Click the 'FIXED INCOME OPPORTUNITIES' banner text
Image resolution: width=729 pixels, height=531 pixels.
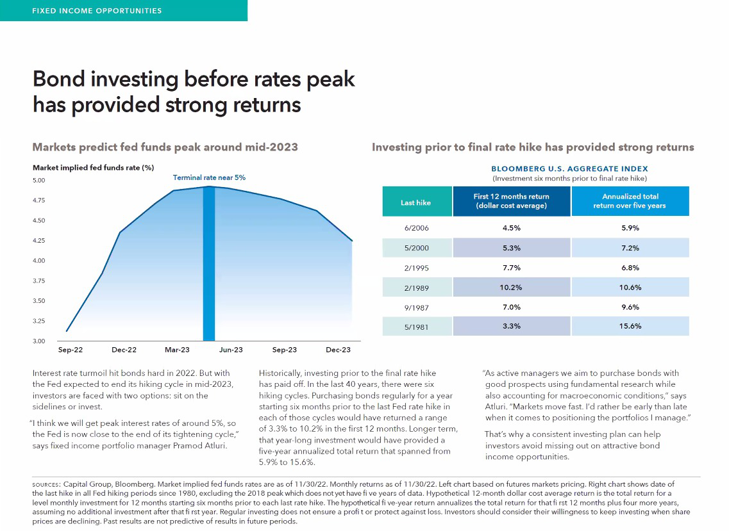point(97,11)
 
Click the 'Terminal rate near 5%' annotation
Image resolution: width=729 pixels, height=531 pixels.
point(209,177)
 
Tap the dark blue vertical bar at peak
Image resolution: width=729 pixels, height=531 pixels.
point(208,263)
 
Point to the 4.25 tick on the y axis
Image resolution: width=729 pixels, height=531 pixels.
point(39,241)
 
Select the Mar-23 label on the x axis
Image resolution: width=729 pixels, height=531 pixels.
point(178,350)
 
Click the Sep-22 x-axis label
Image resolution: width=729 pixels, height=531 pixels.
point(71,350)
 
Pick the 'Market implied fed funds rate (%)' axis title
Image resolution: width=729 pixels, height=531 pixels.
point(93,168)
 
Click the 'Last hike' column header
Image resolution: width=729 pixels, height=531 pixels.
point(415,202)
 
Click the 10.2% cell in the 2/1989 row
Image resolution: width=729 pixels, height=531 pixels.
point(511,288)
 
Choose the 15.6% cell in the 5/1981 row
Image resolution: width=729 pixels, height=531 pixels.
point(630,326)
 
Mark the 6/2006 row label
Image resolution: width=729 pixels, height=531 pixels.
point(415,228)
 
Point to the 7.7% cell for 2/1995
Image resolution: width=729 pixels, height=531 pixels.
point(511,268)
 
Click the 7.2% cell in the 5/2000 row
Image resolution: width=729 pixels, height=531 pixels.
point(630,248)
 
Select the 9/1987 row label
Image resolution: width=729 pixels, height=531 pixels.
point(415,307)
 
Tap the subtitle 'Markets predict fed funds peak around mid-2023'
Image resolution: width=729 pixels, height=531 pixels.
point(165,147)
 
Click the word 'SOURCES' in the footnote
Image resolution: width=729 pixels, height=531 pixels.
point(46,484)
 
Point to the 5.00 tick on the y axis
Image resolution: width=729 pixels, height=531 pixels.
point(39,181)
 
